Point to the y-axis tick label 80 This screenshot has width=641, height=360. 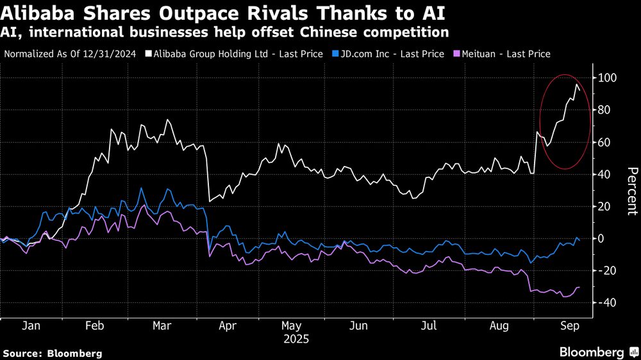coord(606,110)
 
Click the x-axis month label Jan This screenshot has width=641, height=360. coord(31,326)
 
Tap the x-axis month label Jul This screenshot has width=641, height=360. coord(429,326)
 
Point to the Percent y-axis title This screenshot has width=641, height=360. coord(632,190)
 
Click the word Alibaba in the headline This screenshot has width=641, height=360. coord(37,12)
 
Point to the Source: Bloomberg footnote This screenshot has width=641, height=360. coord(53,353)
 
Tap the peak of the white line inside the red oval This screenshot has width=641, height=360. coord(577,85)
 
